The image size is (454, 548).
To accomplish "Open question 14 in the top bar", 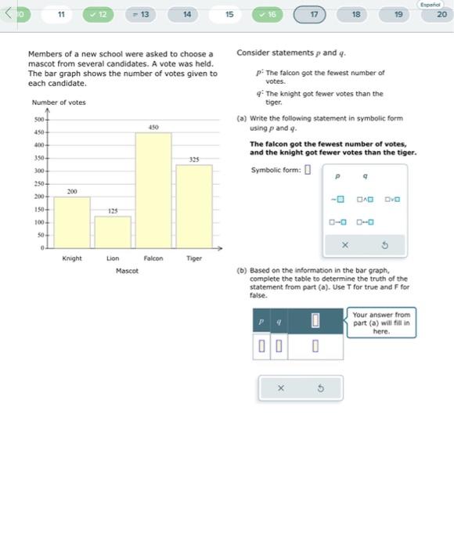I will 187,14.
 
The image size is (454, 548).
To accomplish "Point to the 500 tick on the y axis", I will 38,120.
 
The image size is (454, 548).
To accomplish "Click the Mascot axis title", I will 126,271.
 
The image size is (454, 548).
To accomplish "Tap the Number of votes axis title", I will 59,103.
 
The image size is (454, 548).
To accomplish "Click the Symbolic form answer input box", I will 308,170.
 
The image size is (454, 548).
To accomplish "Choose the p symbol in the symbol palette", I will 340,176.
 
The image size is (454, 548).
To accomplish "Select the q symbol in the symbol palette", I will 365,176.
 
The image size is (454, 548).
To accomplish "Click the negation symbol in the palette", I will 340,199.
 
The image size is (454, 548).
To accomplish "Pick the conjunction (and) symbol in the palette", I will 365,199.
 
